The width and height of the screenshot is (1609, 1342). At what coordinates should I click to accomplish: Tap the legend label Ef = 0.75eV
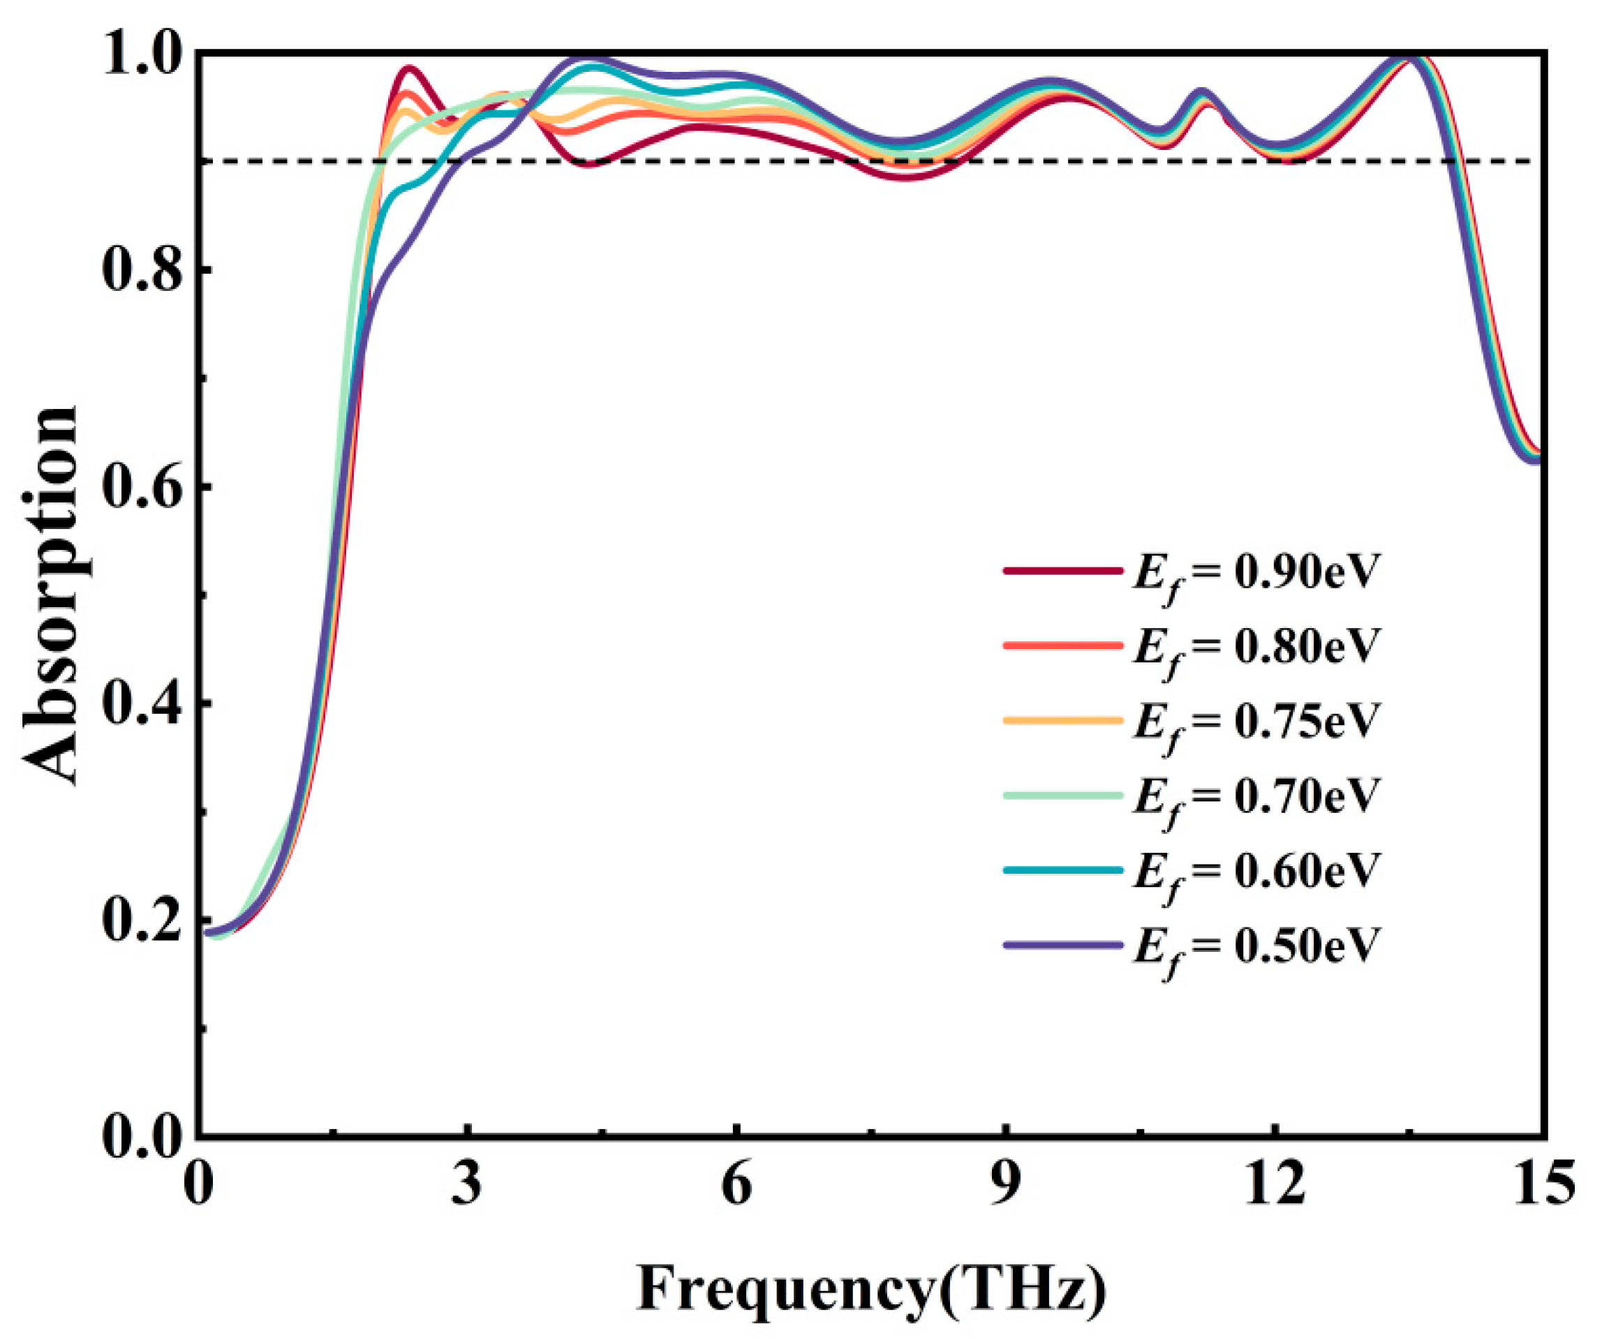click(x=1256, y=722)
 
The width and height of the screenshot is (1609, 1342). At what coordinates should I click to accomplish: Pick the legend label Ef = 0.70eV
click(x=1256, y=797)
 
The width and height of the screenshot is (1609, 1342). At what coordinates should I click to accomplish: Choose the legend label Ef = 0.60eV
click(x=1256, y=871)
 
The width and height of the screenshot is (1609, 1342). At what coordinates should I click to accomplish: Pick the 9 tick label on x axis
click(x=1004, y=1184)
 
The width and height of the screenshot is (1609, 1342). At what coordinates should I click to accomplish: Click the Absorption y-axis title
click(x=50, y=594)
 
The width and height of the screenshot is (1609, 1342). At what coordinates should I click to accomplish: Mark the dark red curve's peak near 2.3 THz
click(x=410, y=68)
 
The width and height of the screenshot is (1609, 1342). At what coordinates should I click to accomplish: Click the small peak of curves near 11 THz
click(x=1201, y=92)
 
